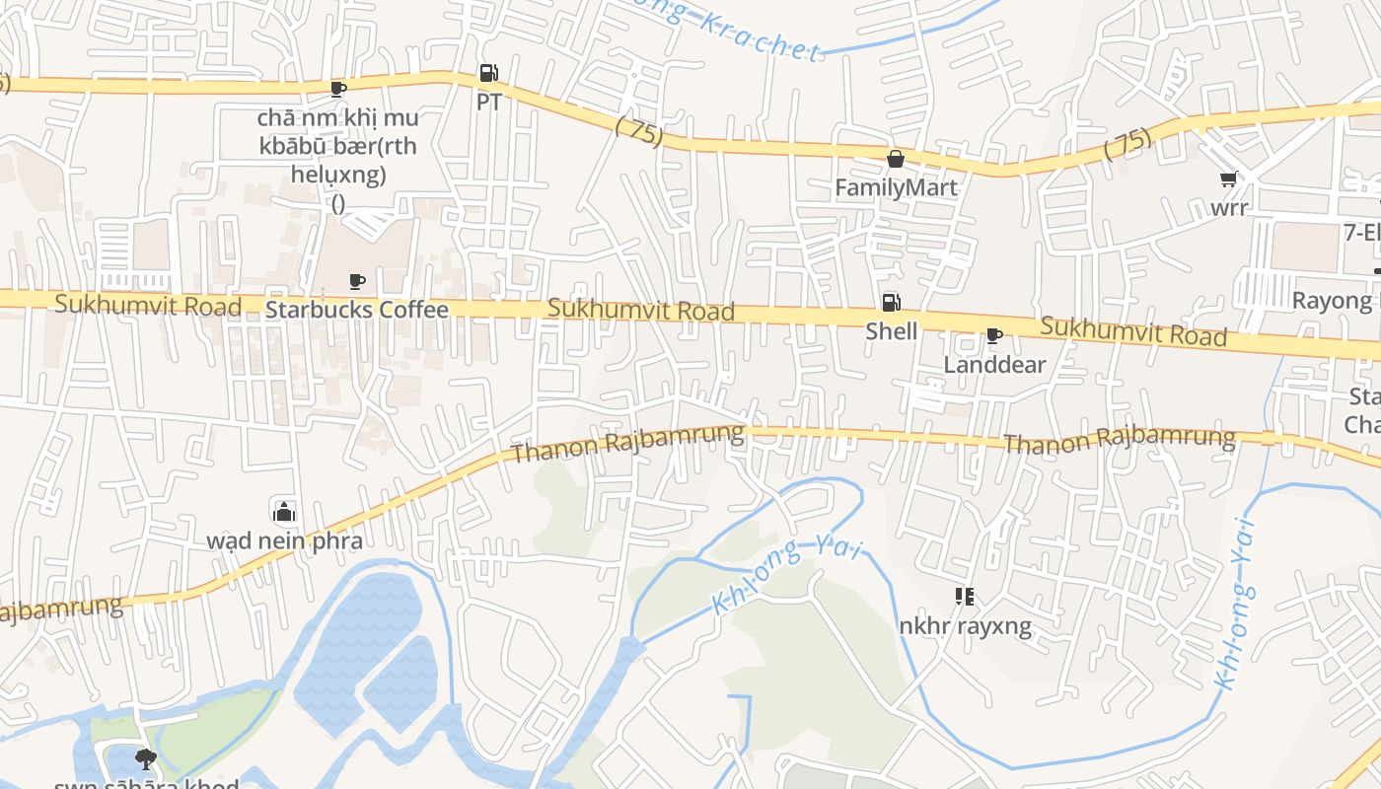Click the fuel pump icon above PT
pyautogui.click(x=488, y=73)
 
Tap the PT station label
pyautogui.click(x=488, y=102)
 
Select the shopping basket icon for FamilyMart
pyautogui.click(x=896, y=159)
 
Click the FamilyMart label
pyautogui.click(x=896, y=187)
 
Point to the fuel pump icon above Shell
pyautogui.click(x=891, y=303)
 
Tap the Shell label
pyautogui.click(x=891, y=331)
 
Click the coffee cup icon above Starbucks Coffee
pyautogui.click(x=357, y=282)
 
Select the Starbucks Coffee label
pyautogui.click(x=357, y=310)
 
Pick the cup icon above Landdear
pyautogui.click(x=994, y=336)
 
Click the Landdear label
pyautogui.click(x=994, y=364)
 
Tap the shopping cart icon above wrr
pyautogui.click(x=1229, y=179)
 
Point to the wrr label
pyautogui.click(x=1229, y=207)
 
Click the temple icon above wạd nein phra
pyautogui.click(x=284, y=512)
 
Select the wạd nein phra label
pyautogui.click(x=284, y=540)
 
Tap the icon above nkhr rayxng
pyautogui.click(x=965, y=597)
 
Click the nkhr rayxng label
pyautogui.click(x=966, y=625)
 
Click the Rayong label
pyautogui.click(x=1332, y=300)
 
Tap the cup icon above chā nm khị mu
pyautogui.click(x=338, y=89)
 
